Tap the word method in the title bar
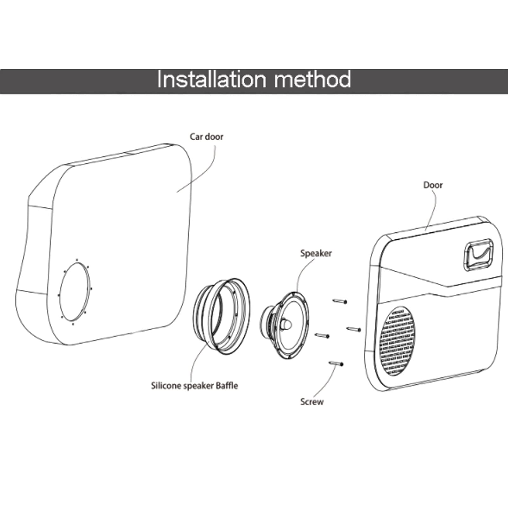pos(313,79)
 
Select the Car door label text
pos(207,137)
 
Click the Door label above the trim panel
pos(433,185)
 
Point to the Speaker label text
pos(316,253)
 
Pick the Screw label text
pos(312,402)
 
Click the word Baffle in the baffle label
pos(227,386)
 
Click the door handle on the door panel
pos(479,255)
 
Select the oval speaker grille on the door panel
pos(398,341)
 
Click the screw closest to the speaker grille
pos(353,329)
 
